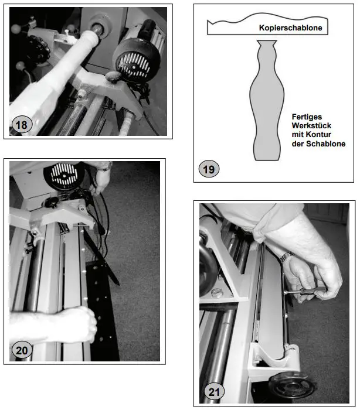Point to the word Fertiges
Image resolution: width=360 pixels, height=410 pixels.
point(306,117)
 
